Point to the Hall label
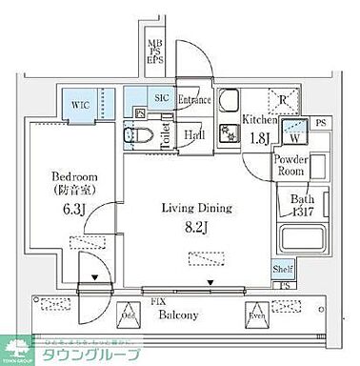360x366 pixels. tap(193, 134)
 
